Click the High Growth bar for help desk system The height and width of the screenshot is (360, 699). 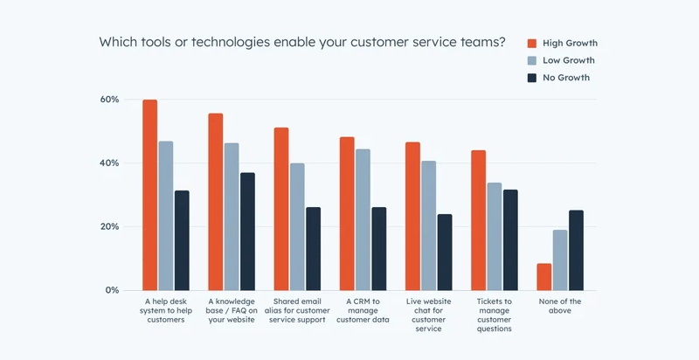coord(150,195)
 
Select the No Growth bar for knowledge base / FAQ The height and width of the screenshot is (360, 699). coord(247,232)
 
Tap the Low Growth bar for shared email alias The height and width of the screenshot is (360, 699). coord(297,226)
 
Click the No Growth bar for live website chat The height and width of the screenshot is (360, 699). coord(445,252)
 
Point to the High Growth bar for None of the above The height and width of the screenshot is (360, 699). coord(544,276)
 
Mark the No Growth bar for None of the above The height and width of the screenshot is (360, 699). coord(576,250)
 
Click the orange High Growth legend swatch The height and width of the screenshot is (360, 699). coord(531,43)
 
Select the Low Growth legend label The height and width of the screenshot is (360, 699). coord(567,60)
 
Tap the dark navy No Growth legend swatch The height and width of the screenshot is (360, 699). coord(531,78)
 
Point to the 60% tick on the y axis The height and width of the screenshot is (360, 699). coord(108,100)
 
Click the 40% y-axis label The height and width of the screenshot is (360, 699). coord(108,163)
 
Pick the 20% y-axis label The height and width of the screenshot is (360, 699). coord(108,227)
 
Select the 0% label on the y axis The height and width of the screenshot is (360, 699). coord(111,290)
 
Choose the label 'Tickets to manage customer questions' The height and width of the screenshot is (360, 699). coord(495,315)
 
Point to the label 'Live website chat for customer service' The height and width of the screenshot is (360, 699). coord(428,315)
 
